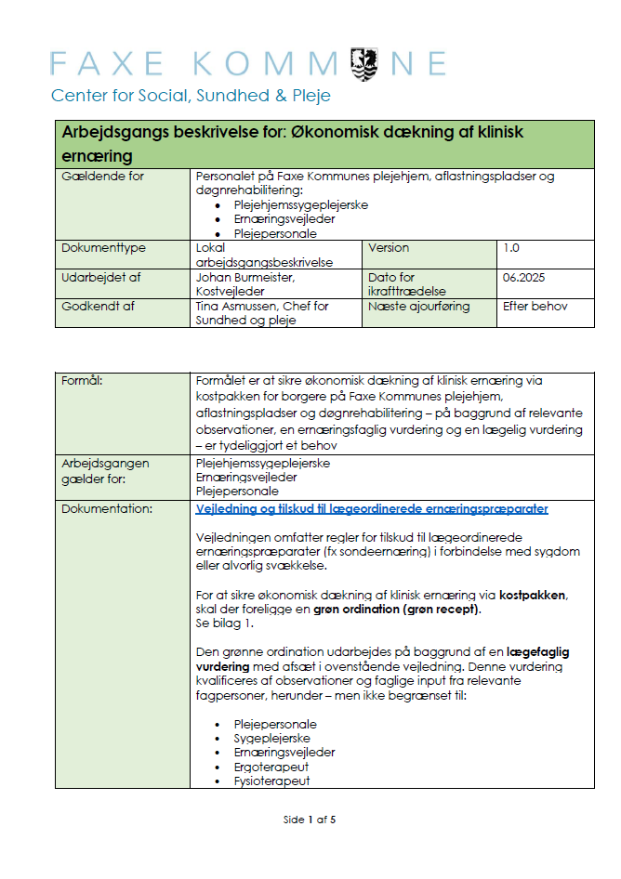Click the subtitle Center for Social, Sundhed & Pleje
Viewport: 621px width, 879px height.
(191, 96)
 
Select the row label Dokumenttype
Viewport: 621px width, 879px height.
(103, 248)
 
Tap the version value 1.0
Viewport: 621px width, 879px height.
(512, 248)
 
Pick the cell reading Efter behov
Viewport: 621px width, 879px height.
(535, 306)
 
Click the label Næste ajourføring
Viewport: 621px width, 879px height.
(418, 306)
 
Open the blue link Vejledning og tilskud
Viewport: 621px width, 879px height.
(372, 509)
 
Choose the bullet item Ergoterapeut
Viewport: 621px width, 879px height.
(271, 767)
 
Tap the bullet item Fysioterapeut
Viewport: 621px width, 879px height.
(271, 781)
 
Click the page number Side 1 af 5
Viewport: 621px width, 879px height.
(309, 820)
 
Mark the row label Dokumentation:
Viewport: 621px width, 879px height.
(105, 509)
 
